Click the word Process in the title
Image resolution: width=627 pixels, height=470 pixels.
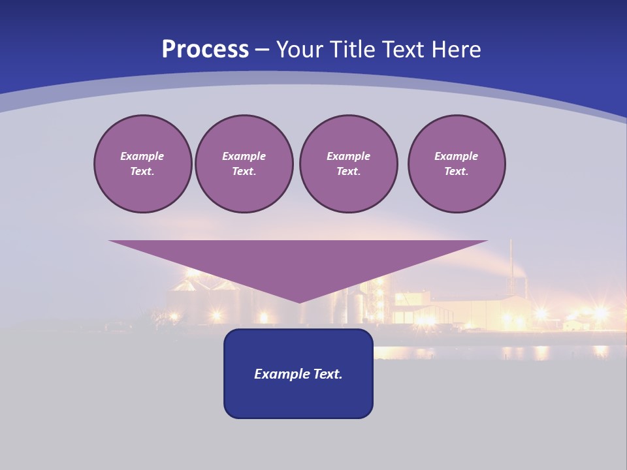[205, 50]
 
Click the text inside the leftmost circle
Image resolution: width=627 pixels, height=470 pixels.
[142, 164]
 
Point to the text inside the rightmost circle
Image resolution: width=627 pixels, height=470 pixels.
[456, 164]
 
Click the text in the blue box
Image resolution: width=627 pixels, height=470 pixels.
[298, 374]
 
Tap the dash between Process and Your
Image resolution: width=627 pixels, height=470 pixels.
[262, 50]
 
